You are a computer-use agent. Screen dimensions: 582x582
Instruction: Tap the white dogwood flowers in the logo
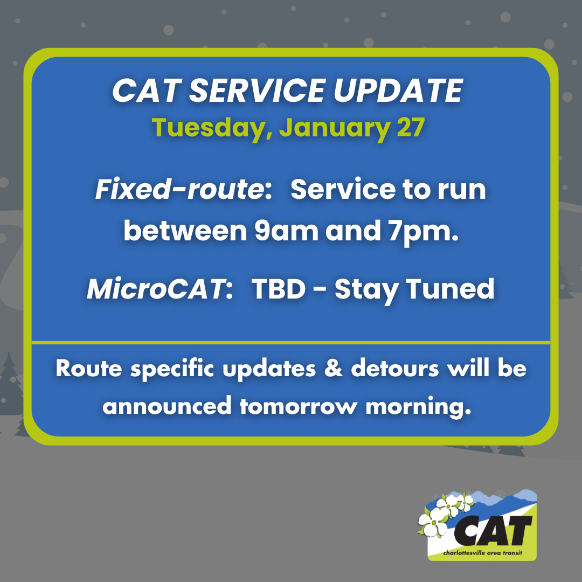(x=439, y=515)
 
